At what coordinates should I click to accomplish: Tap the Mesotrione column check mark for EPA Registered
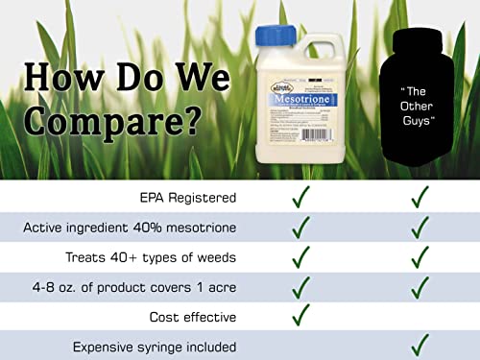pos(301,197)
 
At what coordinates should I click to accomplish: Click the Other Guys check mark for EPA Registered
pos(420,197)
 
